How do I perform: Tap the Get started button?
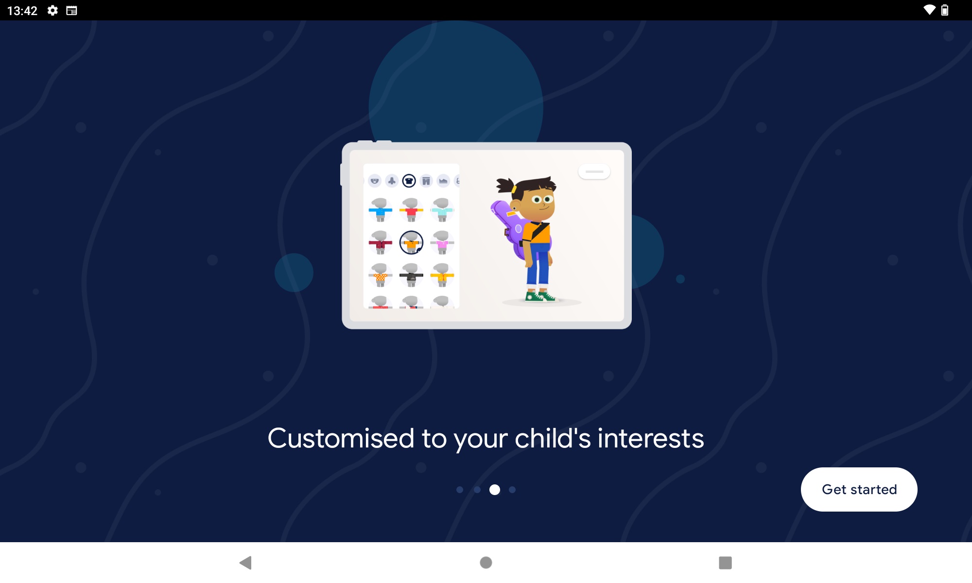tap(859, 489)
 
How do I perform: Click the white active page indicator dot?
tap(495, 490)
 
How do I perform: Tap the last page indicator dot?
tap(512, 490)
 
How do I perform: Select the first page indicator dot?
tap(460, 490)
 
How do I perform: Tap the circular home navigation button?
tap(486, 563)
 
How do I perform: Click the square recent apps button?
tap(725, 563)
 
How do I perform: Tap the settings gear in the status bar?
tap(52, 10)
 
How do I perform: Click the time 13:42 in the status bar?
tap(22, 11)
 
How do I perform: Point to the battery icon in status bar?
tap(945, 10)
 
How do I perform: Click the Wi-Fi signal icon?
tap(929, 10)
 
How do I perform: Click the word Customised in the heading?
tap(341, 438)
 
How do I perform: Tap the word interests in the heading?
tap(651, 438)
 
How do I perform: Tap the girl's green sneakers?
tap(540, 296)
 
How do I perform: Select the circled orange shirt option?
tap(411, 242)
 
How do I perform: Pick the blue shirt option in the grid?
tap(381, 210)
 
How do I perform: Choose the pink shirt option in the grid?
tap(442, 242)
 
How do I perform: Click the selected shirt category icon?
tap(409, 181)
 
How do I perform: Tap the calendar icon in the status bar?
tap(71, 10)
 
